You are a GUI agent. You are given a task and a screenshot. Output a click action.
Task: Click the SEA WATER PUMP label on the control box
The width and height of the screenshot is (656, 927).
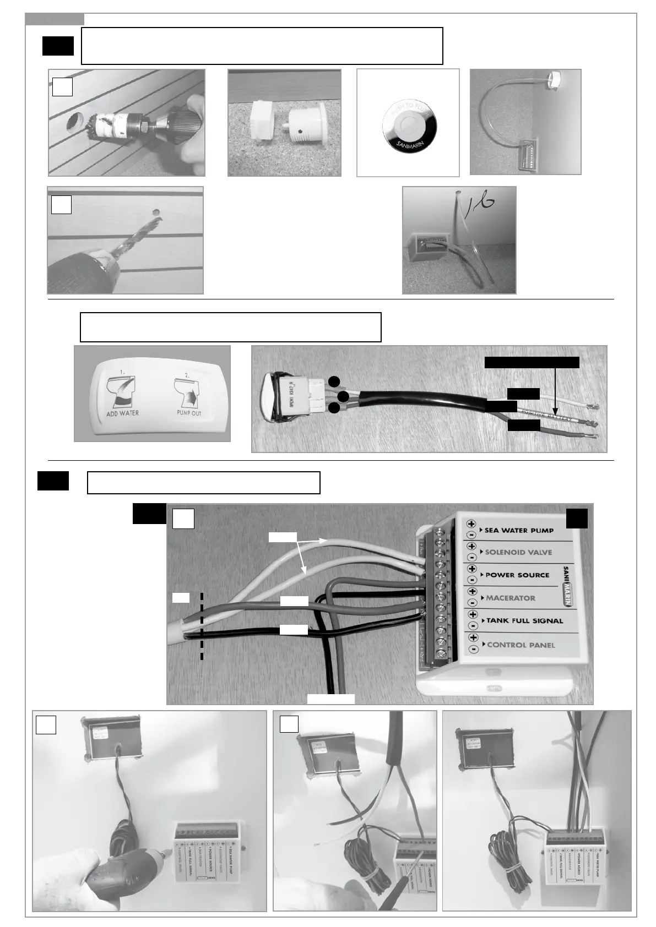coord(519,530)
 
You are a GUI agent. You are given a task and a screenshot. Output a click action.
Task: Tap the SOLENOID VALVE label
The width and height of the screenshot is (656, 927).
coord(518,552)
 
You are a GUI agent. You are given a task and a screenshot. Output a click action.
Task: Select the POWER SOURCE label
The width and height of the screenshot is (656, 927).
coord(517,575)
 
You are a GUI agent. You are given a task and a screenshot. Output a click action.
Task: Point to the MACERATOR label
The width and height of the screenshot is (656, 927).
coord(511,598)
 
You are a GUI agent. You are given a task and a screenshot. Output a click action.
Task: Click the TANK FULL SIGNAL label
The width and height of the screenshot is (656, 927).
coord(524,620)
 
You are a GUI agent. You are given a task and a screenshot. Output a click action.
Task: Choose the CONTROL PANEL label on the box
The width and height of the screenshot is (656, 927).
coord(521,645)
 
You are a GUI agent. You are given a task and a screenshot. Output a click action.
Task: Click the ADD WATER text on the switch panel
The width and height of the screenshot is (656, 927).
coord(122,413)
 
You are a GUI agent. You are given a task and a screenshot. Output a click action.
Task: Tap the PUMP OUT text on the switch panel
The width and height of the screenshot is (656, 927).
coord(189,413)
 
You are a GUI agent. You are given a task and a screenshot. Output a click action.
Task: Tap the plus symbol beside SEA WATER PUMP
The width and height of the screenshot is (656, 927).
coord(471,524)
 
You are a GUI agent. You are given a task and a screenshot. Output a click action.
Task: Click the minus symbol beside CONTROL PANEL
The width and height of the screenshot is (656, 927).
coord(473,649)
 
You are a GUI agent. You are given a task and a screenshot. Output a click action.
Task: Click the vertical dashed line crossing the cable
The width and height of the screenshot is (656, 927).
coord(202,625)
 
